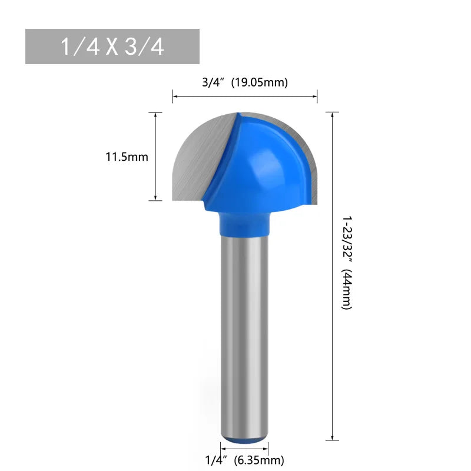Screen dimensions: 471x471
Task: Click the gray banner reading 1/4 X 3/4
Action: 112,47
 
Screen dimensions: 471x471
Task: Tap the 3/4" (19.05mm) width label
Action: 244,82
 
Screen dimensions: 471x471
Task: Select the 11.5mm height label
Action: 127,157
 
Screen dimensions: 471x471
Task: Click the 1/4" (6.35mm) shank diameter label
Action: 244,460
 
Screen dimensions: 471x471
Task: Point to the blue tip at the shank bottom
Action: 244,439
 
